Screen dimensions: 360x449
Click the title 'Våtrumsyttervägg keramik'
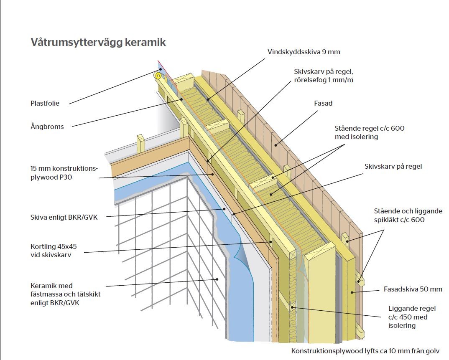click(98, 43)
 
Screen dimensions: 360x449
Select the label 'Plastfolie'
click(45, 104)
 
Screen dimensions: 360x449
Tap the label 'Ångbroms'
click(47, 127)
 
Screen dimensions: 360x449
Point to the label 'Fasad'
click(323, 103)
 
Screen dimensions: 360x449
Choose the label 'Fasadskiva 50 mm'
click(413, 289)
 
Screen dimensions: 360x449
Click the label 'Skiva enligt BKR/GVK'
click(64, 217)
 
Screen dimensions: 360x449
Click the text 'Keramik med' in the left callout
click(51, 286)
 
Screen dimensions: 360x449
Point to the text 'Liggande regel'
click(412, 308)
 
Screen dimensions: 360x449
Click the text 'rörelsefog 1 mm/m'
click(324, 80)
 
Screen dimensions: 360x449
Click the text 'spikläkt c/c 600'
click(399, 220)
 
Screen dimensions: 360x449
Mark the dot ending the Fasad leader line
click(276, 145)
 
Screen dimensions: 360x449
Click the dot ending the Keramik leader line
click(217, 279)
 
